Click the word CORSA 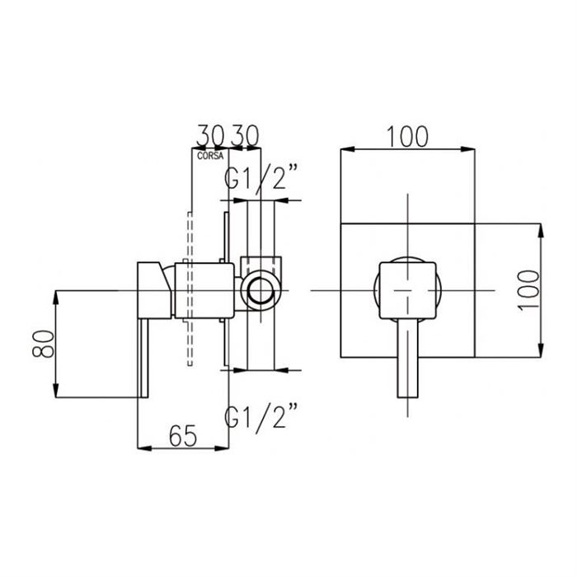click(210, 156)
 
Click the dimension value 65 click(183, 436)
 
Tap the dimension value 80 click(44, 344)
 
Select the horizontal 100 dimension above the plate click(408, 137)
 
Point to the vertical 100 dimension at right click(528, 290)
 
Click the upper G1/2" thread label click(260, 177)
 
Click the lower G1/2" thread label click(260, 415)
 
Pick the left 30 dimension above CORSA click(210, 136)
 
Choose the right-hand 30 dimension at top click(245, 136)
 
